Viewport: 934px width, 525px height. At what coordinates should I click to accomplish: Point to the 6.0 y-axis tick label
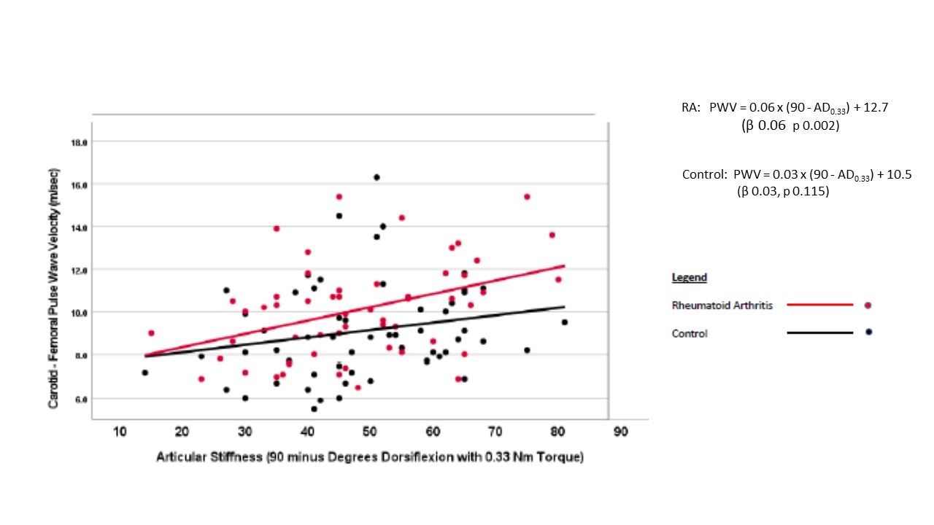click(80, 399)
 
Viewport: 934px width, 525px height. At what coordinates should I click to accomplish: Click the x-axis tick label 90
click(620, 432)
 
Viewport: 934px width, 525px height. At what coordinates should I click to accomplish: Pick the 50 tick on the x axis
click(369, 432)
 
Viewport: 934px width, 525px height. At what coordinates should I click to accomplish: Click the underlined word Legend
click(689, 278)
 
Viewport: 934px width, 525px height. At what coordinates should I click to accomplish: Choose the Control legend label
click(689, 333)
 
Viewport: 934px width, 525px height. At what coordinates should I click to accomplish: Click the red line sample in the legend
click(819, 305)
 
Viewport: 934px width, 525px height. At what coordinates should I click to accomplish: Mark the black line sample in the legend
click(819, 332)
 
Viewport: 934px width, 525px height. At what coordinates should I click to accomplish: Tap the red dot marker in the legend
click(868, 305)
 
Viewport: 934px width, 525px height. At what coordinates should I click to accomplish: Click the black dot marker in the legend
click(868, 332)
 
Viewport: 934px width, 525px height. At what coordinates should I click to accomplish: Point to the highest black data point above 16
click(377, 177)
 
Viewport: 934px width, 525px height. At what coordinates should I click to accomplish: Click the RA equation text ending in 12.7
click(784, 107)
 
